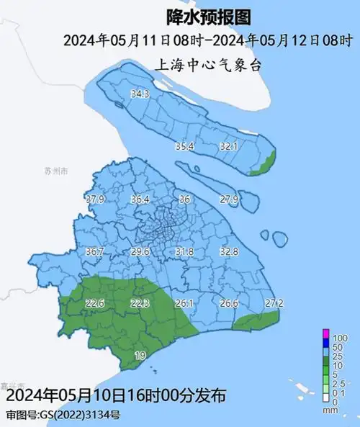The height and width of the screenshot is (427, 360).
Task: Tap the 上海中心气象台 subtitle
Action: [x=199, y=64]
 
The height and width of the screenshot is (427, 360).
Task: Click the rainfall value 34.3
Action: [x=140, y=94]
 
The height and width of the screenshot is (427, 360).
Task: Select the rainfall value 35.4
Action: [x=185, y=146]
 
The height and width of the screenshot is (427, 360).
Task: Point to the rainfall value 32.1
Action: [x=229, y=146]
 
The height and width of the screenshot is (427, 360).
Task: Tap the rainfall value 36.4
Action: [x=140, y=199]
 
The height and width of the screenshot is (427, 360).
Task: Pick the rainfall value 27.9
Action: [x=229, y=199]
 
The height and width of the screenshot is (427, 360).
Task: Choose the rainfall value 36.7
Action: [x=95, y=252]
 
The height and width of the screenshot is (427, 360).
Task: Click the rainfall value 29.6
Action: [x=140, y=252]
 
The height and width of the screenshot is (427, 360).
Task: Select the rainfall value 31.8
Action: [x=185, y=252]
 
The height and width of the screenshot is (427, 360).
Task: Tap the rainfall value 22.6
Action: [x=95, y=304]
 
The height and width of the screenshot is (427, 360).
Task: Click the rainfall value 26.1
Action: [x=185, y=304]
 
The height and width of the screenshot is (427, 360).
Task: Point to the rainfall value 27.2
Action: [x=274, y=302]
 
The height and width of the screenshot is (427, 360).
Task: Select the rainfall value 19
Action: [x=140, y=356]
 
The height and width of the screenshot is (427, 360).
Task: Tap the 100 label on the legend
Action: [x=340, y=338]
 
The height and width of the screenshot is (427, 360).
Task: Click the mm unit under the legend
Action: [x=331, y=410]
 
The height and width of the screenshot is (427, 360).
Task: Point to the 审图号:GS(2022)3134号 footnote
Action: [x=63, y=415]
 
